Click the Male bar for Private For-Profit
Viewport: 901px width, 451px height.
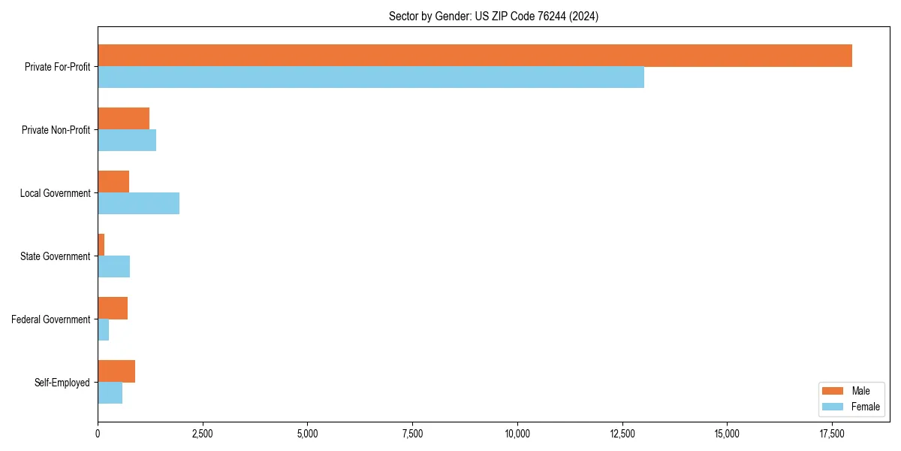pyautogui.click(x=475, y=56)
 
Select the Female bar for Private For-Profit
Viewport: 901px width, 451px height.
pyautogui.click(x=371, y=77)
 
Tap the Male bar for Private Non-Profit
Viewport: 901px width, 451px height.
pyautogui.click(x=123, y=119)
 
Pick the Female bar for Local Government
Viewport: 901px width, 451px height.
pyautogui.click(x=138, y=204)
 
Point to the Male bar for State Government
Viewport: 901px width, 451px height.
pyautogui.click(x=101, y=245)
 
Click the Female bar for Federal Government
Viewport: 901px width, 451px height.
pyautogui.click(x=103, y=330)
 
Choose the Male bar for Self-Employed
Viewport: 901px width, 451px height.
pyautogui.click(x=116, y=371)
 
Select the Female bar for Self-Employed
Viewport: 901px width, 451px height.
pyautogui.click(x=110, y=393)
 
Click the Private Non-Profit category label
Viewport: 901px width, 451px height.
pyautogui.click(x=56, y=130)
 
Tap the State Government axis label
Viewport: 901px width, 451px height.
pyautogui.click(x=55, y=256)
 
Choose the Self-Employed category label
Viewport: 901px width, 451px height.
pyautogui.click(x=62, y=383)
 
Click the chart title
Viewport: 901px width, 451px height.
pyautogui.click(x=493, y=16)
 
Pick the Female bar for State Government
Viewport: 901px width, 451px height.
pyautogui.click(x=113, y=267)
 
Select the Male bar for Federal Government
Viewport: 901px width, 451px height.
pyautogui.click(x=113, y=308)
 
